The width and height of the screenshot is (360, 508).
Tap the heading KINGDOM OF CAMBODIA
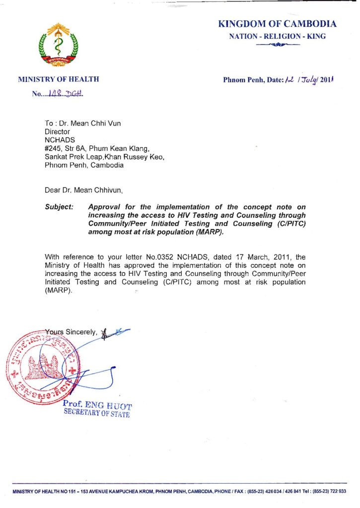pyautogui.click(x=277, y=24)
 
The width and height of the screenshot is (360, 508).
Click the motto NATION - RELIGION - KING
pyautogui.click(x=277, y=36)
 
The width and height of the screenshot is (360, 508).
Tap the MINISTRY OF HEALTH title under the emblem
pyautogui.click(x=59, y=79)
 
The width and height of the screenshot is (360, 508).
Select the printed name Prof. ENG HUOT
pyautogui.click(x=97, y=406)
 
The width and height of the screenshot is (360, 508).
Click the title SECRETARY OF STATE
pyautogui.click(x=97, y=414)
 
